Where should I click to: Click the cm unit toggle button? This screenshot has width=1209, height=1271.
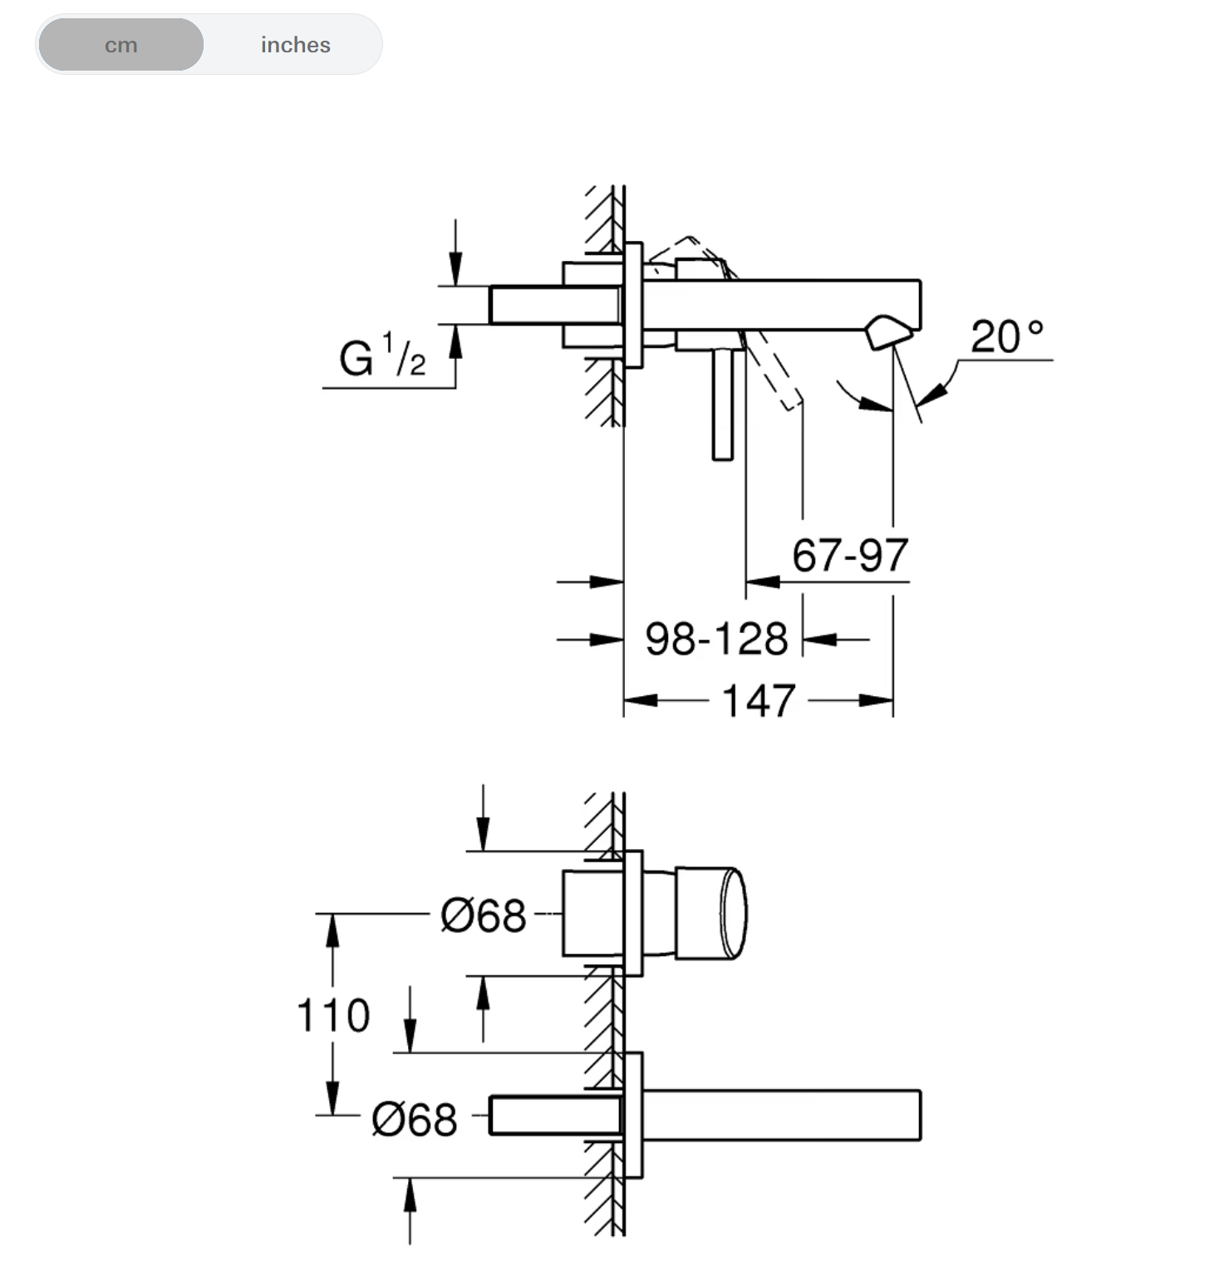click(121, 45)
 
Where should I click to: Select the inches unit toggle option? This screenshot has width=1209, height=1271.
click(295, 45)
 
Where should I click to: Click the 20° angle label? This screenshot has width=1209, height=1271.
click(1006, 336)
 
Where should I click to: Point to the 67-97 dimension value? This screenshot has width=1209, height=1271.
click(850, 555)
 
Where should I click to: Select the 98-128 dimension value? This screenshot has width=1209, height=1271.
click(716, 639)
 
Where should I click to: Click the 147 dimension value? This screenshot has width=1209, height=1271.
click(759, 700)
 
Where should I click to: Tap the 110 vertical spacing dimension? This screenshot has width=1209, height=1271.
click(333, 1015)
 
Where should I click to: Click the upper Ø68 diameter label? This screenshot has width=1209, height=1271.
click(483, 915)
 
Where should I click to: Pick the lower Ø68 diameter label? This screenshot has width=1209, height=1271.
click(414, 1119)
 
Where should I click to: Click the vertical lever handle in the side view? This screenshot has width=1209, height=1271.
click(723, 403)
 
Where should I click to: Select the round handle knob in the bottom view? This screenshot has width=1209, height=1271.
click(710, 913)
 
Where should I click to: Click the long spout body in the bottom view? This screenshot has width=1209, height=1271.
click(781, 1115)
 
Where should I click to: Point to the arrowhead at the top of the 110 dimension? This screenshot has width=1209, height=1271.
click(332, 930)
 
